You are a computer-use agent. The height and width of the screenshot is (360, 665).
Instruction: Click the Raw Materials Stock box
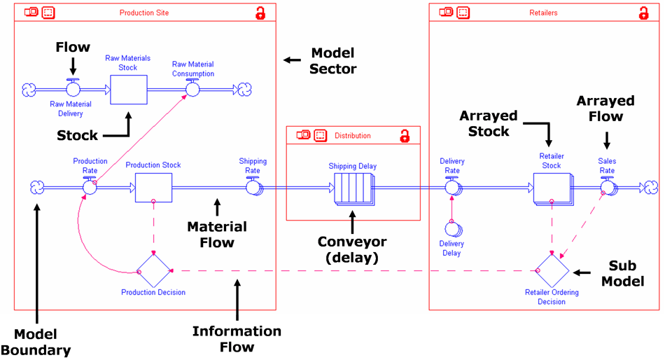click(x=129, y=90)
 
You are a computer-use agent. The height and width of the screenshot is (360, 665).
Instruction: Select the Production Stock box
click(x=153, y=188)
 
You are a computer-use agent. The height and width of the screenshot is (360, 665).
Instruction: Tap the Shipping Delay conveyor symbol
click(x=353, y=188)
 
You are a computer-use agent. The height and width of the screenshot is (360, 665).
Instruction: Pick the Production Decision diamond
click(x=153, y=271)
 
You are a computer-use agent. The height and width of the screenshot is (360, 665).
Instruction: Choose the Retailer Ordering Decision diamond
click(x=552, y=271)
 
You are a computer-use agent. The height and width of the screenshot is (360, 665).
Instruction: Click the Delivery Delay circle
click(x=452, y=229)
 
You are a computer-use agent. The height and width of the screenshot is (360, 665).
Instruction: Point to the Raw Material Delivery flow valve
click(x=73, y=90)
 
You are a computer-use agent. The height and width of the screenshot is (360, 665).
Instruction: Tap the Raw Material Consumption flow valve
click(x=192, y=90)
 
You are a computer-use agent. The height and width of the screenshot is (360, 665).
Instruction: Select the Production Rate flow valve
click(x=90, y=187)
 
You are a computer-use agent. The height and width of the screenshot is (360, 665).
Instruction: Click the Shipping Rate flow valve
click(x=253, y=187)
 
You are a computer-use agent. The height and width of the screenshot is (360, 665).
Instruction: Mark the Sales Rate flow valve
click(x=607, y=187)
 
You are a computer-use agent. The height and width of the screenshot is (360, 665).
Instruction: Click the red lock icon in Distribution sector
click(x=405, y=136)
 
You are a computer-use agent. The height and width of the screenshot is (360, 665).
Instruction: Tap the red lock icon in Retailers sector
click(x=643, y=13)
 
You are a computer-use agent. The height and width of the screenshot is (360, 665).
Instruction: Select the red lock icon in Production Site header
click(x=260, y=13)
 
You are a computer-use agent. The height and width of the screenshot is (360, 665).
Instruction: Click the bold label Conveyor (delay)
click(x=353, y=249)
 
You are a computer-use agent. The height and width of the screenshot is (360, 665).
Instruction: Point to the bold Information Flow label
click(x=237, y=338)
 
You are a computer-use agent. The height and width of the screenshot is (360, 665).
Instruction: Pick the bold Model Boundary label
click(x=35, y=341)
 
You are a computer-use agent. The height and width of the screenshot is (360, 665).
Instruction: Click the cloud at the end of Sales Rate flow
click(x=651, y=187)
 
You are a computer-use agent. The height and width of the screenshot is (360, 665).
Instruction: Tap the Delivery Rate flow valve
click(x=452, y=187)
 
